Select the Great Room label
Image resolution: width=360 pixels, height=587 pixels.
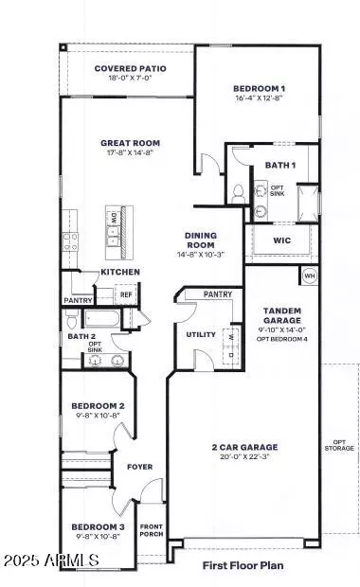[x=128, y=144]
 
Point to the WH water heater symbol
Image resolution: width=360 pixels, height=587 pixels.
[x=309, y=276]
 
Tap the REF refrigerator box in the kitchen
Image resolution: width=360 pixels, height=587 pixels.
[x=125, y=294]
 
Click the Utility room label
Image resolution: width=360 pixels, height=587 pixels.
[x=201, y=334]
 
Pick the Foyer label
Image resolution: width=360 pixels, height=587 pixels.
[x=140, y=466]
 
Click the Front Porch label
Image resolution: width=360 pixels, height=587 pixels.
[x=152, y=530]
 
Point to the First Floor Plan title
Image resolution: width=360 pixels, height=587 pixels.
[x=242, y=566]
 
